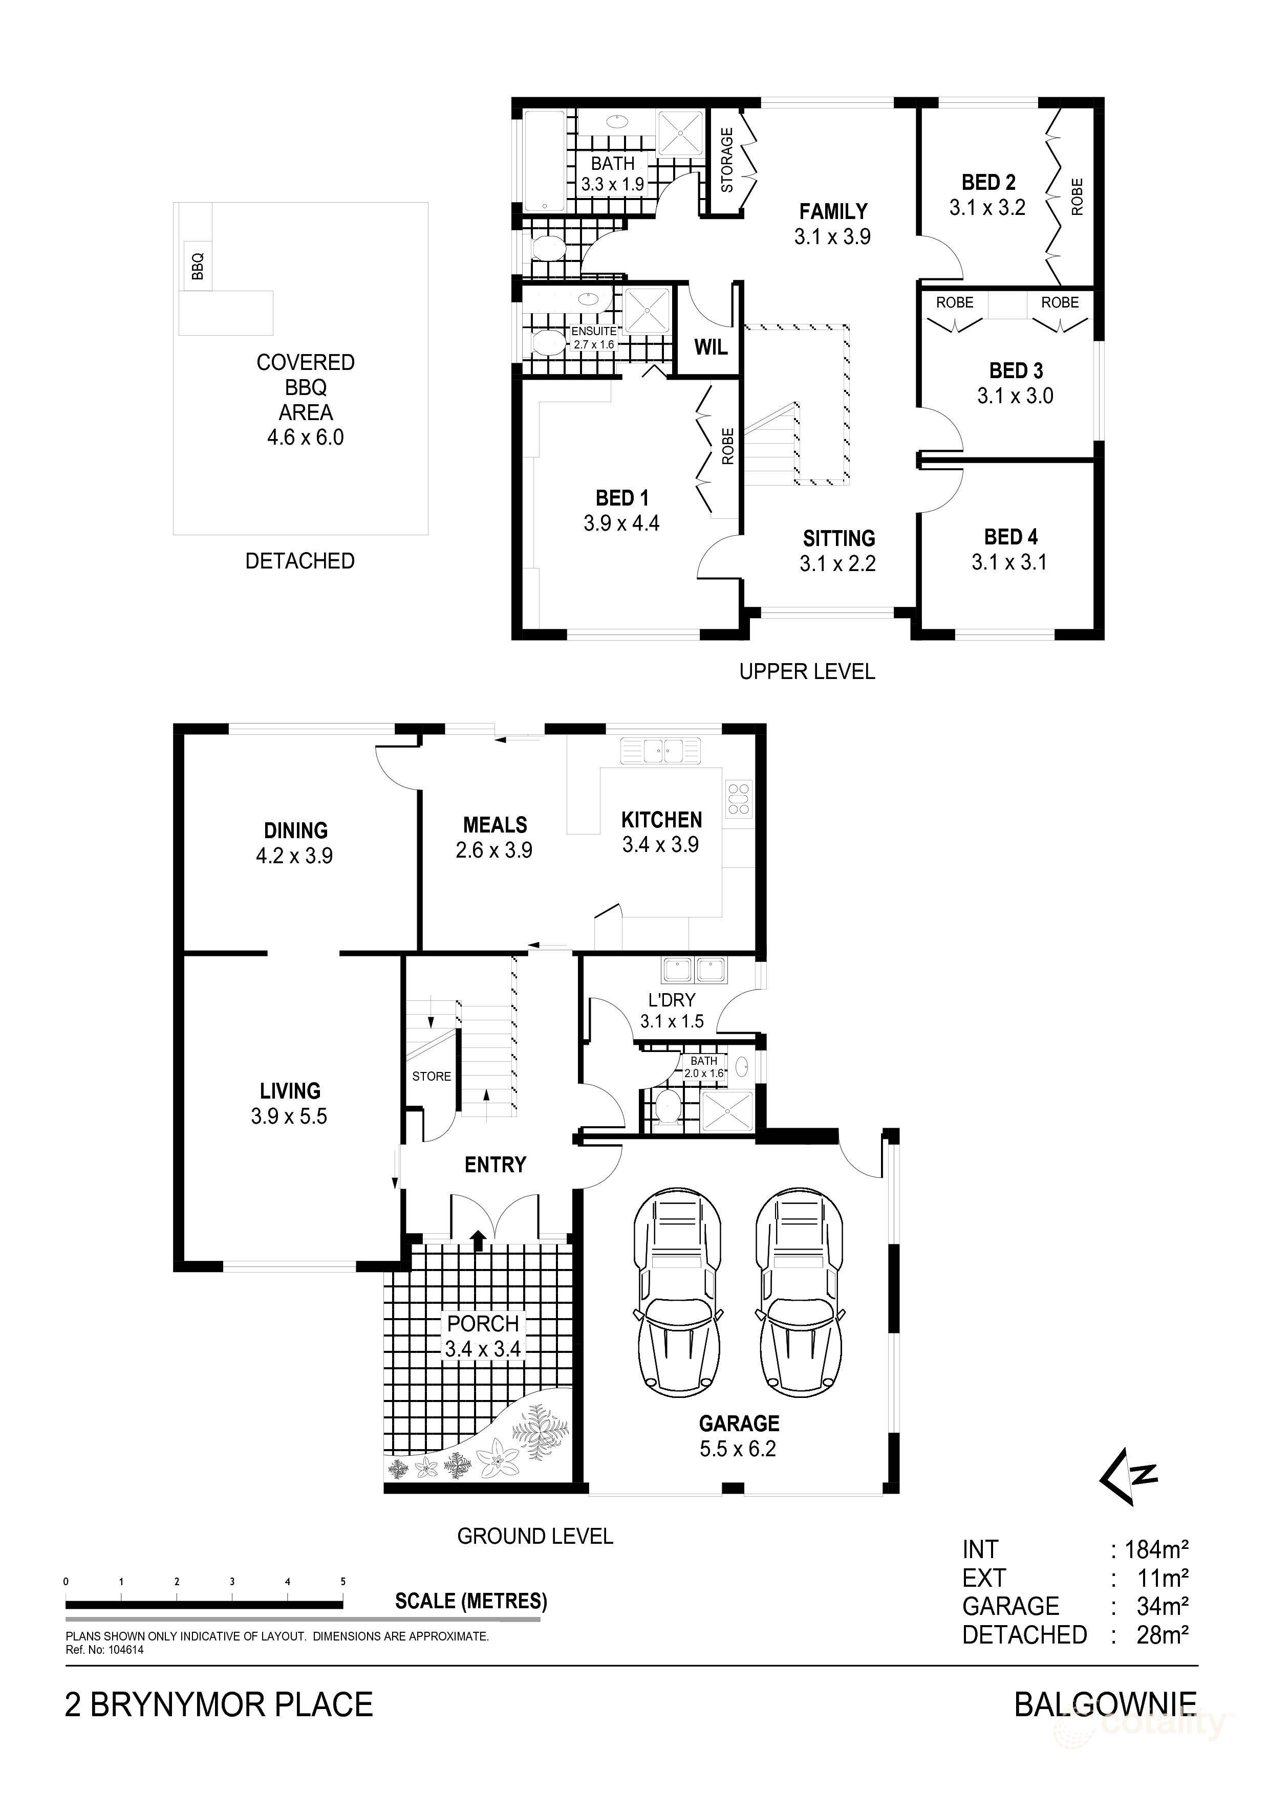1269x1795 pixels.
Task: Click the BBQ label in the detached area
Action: click(198, 266)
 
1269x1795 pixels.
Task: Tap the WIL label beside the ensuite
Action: click(711, 347)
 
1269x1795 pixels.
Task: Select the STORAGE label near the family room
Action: click(727, 160)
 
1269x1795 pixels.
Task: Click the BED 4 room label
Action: click(1010, 537)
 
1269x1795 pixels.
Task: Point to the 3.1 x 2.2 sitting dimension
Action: click(837, 563)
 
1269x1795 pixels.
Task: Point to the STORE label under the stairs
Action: click(432, 1077)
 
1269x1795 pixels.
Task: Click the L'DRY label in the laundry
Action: click(672, 999)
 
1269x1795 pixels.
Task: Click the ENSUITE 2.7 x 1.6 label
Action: click(593, 338)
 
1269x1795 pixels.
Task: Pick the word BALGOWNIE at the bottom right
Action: click(1105, 1704)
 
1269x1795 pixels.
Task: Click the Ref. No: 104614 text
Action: click(105, 1650)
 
